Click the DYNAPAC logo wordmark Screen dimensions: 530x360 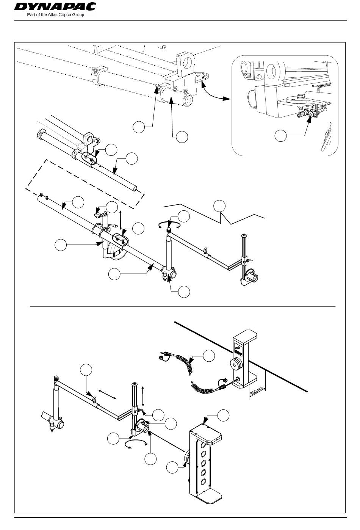tap(55, 7)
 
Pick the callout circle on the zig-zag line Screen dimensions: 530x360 tap(219, 205)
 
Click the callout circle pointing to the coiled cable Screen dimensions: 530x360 tap(208, 356)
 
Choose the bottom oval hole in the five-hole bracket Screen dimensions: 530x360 tap(204, 481)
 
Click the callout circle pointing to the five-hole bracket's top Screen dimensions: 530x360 tap(223, 414)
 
